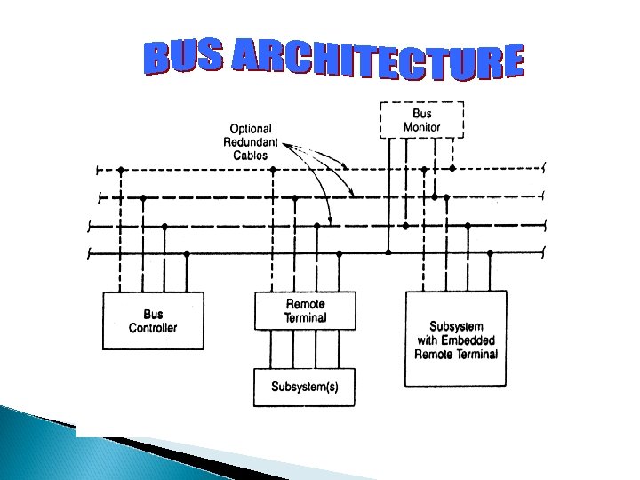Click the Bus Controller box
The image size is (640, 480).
click(153, 321)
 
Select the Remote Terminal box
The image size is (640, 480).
click(305, 310)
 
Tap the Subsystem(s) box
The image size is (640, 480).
click(305, 388)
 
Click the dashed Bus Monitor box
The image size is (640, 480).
click(421, 120)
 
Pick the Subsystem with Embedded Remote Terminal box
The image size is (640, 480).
click(456, 339)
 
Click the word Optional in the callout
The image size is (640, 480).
click(251, 129)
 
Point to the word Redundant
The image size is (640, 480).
click(251, 142)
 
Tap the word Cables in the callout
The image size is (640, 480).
click(251, 156)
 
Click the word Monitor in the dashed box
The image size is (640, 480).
click(421, 127)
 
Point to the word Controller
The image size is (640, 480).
click(153, 328)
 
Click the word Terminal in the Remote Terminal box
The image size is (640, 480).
click(305, 317)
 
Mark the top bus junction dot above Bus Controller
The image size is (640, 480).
click(121, 169)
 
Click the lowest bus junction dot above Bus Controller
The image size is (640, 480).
click(186, 254)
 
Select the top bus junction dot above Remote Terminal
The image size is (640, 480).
click(273, 169)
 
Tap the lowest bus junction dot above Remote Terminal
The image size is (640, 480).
click(338, 254)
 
